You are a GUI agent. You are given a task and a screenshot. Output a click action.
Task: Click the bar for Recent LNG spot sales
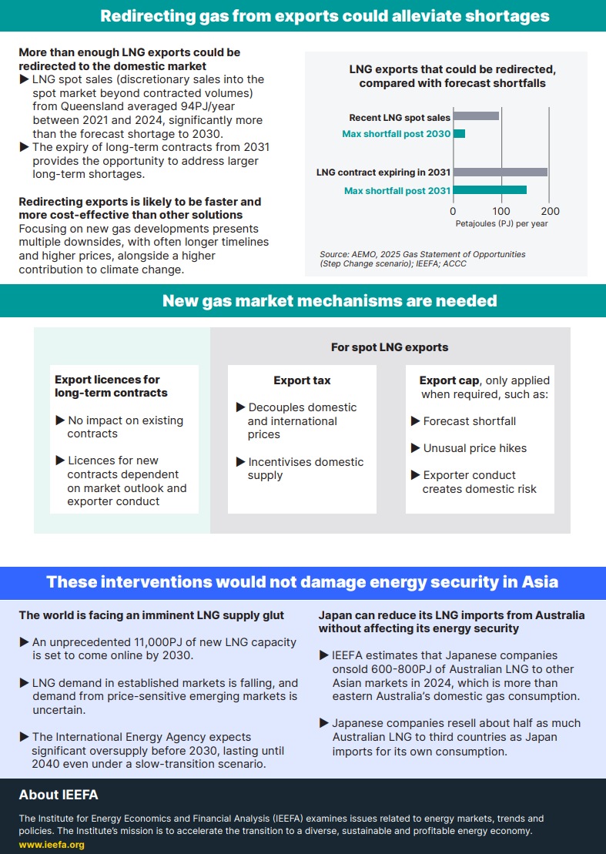[x=476, y=116]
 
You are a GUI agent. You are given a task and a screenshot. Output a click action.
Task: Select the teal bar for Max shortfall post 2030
[x=459, y=134]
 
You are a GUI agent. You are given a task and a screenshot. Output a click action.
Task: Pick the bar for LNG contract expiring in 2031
[x=500, y=172]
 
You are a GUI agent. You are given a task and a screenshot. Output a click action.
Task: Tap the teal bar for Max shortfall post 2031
[x=490, y=189]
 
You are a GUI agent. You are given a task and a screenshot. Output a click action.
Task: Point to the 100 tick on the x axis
[x=501, y=211]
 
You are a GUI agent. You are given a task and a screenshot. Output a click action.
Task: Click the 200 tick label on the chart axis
[x=550, y=211]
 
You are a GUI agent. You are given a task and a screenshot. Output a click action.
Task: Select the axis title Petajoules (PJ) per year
[x=501, y=223]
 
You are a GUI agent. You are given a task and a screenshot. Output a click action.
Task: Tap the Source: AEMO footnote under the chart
[x=422, y=258]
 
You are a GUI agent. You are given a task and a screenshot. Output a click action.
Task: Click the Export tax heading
[x=302, y=380]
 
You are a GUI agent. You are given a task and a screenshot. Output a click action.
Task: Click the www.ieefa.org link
[x=52, y=844]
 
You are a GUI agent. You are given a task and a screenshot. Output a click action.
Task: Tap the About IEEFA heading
[x=59, y=795]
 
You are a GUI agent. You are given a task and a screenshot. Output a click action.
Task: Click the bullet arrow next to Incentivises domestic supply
[x=241, y=462]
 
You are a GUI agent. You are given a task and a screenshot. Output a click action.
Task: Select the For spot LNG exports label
[x=390, y=347]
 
